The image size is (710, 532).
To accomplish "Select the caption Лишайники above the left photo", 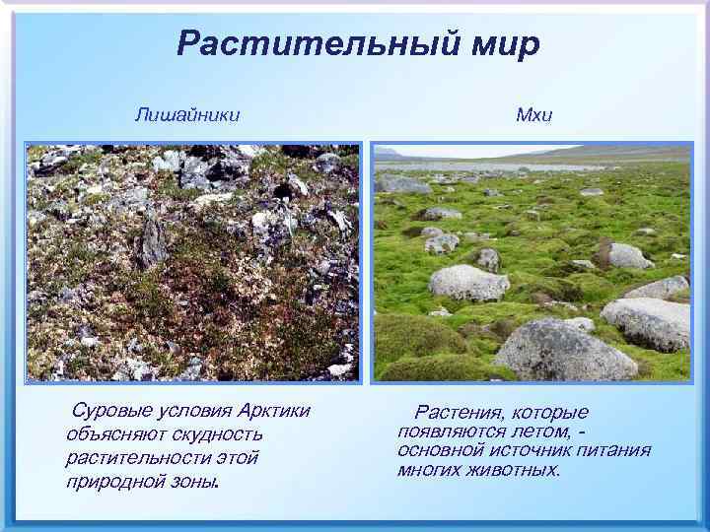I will tap(187, 115).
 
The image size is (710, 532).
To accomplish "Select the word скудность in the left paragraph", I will tap(217, 434).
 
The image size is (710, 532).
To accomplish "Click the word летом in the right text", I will tap(542, 432).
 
